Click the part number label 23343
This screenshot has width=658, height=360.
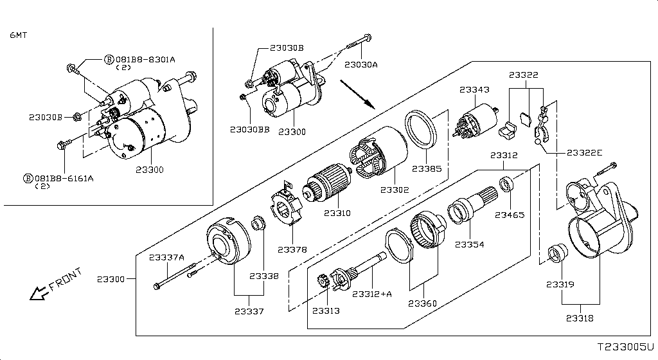474,90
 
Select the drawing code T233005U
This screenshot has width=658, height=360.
624,346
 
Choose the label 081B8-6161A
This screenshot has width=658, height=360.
64,178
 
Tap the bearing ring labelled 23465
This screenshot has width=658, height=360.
506,185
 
